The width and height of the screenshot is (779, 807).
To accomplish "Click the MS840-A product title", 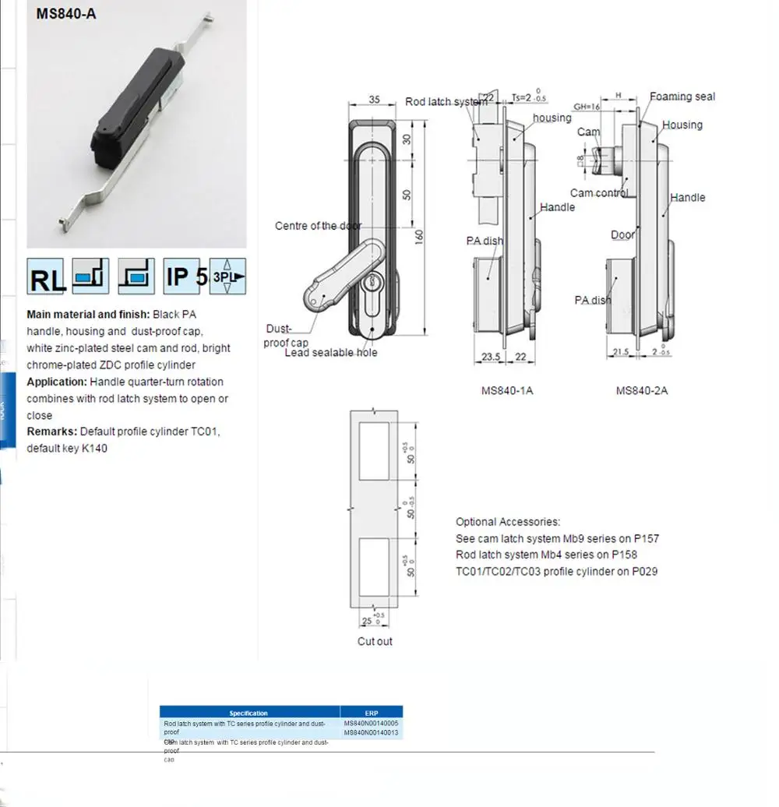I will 65,13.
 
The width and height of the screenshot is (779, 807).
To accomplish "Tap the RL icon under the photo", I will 47,277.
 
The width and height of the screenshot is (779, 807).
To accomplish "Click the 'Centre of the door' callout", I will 318,226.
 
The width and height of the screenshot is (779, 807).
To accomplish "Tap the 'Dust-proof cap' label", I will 287,336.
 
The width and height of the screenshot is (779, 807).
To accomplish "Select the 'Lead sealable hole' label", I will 330,353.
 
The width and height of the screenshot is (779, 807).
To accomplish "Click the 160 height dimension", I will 418,237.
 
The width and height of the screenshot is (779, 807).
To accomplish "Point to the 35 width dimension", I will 373,100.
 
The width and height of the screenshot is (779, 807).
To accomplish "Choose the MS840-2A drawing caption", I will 641,390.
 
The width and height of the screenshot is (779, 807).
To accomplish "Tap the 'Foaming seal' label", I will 682,97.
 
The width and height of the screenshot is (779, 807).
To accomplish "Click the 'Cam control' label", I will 599,193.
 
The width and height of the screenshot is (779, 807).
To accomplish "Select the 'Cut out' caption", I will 375,641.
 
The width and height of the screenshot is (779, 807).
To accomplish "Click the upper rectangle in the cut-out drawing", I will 375,452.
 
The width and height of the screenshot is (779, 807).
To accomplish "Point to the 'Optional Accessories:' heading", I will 507,522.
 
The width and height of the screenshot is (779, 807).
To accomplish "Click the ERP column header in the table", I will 371,712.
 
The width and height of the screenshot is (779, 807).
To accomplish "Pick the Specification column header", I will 249,712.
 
